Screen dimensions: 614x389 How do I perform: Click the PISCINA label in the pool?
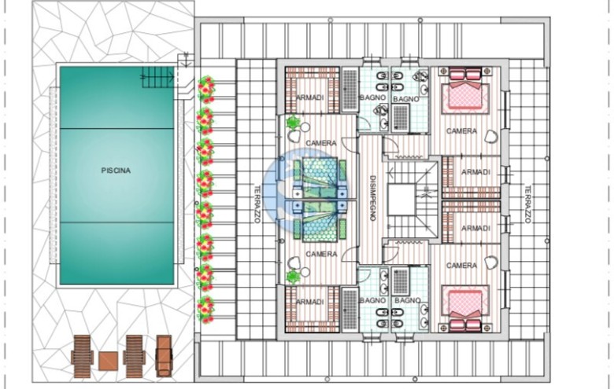click(x=116, y=171)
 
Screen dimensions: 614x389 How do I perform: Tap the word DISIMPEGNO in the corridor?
click(x=373, y=198)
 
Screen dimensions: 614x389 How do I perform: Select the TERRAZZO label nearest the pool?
click(x=257, y=204)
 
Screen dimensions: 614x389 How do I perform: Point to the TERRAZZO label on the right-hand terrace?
click(x=527, y=204)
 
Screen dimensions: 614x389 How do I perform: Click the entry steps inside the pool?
click(x=157, y=77)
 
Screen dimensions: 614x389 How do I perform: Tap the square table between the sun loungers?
click(x=108, y=361)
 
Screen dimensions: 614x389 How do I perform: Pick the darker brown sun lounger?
click(x=164, y=356)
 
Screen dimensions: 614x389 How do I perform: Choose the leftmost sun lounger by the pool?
click(x=82, y=356)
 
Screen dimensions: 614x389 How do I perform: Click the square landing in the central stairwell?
click(x=401, y=200)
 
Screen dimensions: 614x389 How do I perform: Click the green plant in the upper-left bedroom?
click(x=292, y=123)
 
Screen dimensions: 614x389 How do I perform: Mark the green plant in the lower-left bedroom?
click(x=292, y=277)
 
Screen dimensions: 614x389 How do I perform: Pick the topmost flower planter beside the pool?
click(x=206, y=90)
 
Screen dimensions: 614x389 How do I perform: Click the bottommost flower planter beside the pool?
click(x=206, y=310)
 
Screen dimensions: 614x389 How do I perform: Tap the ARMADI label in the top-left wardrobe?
click(x=309, y=97)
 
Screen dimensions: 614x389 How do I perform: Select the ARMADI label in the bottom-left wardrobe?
click(x=309, y=302)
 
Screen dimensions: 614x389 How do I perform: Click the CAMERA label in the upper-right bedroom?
click(x=461, y=131)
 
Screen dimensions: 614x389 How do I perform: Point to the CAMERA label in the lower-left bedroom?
click(x=321, y=254)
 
